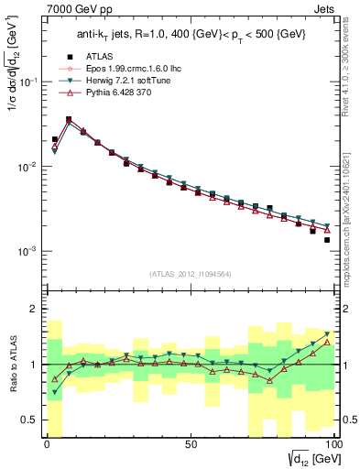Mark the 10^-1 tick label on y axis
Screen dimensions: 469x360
pos(27,82)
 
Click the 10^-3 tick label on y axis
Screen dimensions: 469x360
pos(27,251)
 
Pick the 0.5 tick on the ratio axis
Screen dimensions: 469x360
pos(29,420)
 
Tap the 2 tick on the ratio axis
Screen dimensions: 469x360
pos(35,309)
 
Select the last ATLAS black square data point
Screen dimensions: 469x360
pos(326,240)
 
